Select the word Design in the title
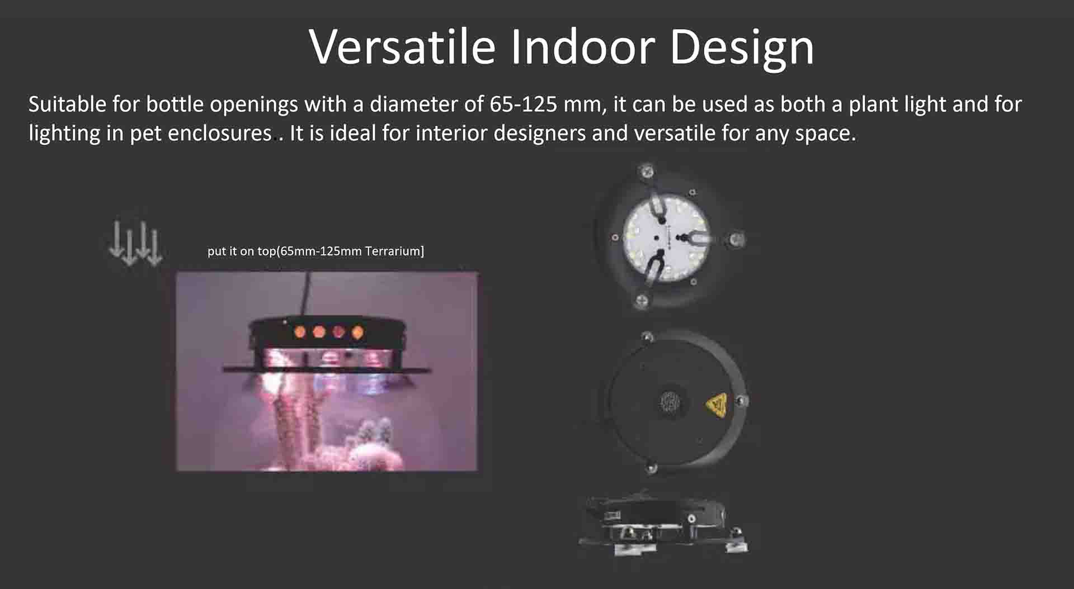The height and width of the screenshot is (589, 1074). click(742, 49)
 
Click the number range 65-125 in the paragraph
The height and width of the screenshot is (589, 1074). click(524, 104)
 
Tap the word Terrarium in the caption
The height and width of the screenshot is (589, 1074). click(393, 251)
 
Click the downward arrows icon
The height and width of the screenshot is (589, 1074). click(135, 243)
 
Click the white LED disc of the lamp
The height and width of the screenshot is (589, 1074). click(666, 237)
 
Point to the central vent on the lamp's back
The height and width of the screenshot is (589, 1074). click(669, 401)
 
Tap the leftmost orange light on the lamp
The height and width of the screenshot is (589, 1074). click(300, 332)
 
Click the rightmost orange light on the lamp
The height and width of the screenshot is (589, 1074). click(357, 333)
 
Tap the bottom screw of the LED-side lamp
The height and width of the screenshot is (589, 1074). click(642, 301)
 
